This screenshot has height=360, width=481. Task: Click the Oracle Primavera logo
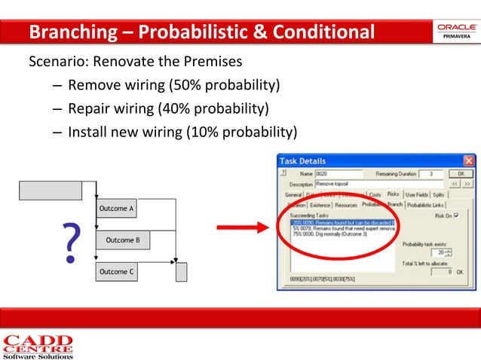[455, 32]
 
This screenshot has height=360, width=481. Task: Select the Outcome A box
[116, 208]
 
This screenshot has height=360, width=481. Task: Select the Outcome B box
[122, 240]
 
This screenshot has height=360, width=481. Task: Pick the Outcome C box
[116, 272]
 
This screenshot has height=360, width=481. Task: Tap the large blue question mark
[70, 242]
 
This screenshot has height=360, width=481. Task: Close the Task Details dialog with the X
[468, 160]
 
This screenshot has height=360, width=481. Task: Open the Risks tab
[393, 194]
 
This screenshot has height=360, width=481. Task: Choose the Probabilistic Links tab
[426, 204]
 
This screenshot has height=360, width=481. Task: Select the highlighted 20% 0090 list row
[343, 221]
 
